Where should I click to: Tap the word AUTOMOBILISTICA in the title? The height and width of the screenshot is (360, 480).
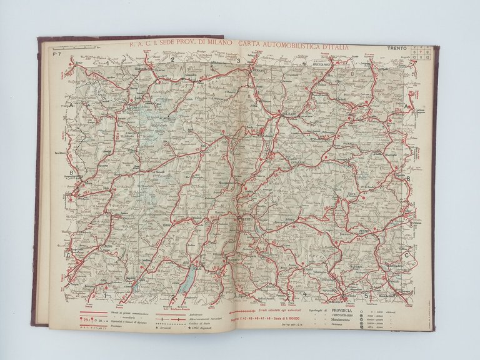[285, 46]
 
